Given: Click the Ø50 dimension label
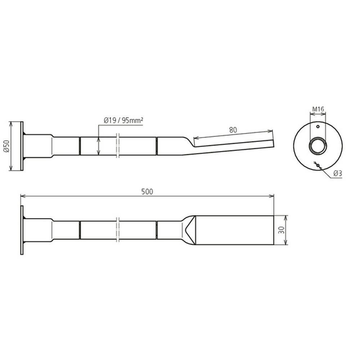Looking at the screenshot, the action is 6,146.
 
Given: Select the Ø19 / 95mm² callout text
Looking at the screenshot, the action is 123,120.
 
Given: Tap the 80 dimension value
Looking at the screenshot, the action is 233,130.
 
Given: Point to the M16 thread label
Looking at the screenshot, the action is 318,109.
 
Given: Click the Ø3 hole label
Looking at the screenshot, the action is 338,174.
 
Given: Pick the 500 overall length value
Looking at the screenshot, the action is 147,192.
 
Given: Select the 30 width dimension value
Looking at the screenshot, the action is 282,230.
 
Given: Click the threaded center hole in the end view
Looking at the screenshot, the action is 318,145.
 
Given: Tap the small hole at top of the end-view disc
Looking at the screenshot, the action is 318,126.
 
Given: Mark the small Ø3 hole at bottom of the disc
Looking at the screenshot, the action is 318,165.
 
